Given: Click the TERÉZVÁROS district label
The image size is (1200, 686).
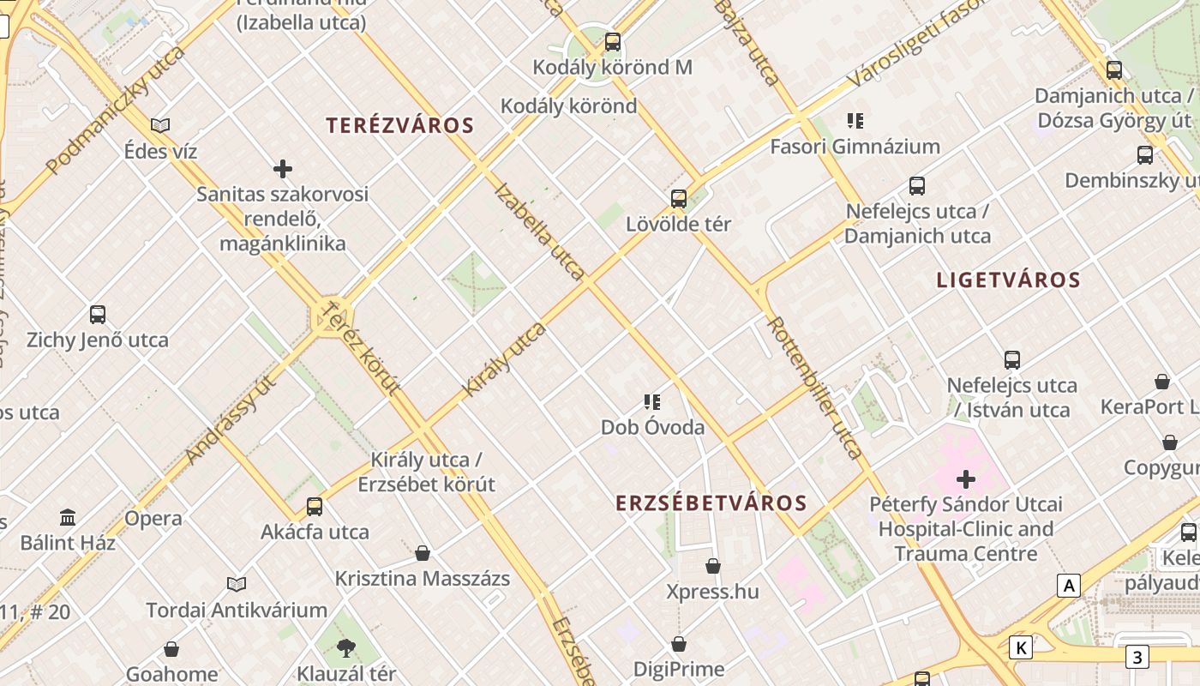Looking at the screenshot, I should click(x=399, y=125).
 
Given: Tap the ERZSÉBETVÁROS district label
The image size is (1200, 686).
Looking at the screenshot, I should click(x=711, y=503).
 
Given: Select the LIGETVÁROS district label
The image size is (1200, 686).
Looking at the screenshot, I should click(x=1008, y=280).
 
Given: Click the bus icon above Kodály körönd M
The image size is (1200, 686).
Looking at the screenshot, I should click(x=612, y=41).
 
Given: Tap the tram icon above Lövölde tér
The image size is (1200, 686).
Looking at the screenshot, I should click(x=679, y=199).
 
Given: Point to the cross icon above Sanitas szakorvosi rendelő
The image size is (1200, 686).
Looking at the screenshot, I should click(x=283, y=169).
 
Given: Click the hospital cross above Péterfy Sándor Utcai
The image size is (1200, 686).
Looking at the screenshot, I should click(x=966, y=478).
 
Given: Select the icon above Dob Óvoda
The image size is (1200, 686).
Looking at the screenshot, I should click(x=652, y=401).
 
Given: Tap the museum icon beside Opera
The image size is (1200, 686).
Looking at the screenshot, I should click(x=68, y=517).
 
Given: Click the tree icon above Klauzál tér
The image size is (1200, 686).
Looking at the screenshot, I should click(x=346, y=647).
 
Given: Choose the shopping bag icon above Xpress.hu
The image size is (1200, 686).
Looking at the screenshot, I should click(x=712, y=566).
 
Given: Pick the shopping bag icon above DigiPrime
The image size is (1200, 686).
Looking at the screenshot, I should click(x=679, y=643).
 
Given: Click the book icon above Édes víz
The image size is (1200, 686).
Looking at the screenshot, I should click(x=160, y=126).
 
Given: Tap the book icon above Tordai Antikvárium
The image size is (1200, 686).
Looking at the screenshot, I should click(x=237, y=584).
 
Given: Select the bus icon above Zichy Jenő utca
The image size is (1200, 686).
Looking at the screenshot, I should click(x=98, y=315).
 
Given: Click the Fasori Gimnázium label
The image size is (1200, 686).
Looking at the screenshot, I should click(x=855, y=147).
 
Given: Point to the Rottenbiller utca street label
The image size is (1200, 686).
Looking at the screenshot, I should click(x=814, y=388).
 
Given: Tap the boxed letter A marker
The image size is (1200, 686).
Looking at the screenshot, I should click(x=1068, y=586).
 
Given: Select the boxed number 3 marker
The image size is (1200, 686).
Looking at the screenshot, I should click(x=1137, y=658).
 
